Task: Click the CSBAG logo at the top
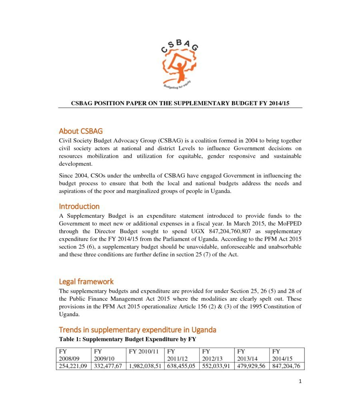coord(179,65)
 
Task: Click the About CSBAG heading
coord(81,131)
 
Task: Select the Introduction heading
coord(79,206)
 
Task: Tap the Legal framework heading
coord(86,281)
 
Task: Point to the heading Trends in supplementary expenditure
coord(138,330)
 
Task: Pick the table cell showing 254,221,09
coord(73,366)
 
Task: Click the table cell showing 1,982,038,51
coord(145,366)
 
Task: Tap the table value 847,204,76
coord(286,366)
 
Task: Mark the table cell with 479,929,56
coord(251,366)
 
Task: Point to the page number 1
coord(300,382)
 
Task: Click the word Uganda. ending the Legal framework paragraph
coord(69,314)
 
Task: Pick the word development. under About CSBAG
coord(75,164)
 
